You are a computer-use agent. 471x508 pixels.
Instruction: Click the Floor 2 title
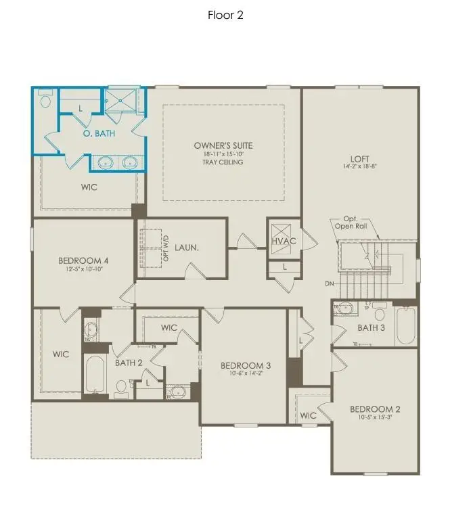tap(225, 15)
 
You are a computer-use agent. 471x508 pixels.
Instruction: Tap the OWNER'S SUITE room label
tap(223, 145)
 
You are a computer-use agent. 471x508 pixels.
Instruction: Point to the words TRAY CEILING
tap(223, 162)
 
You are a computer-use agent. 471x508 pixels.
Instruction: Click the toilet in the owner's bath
tap(45, 101)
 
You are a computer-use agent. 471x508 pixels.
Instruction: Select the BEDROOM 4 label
tap(83, 260)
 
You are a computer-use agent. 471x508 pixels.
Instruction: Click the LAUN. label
tap(185, 248)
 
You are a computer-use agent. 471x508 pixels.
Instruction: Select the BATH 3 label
tap(372, 328)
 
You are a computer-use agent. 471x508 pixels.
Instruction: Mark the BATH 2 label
tap(129, 363)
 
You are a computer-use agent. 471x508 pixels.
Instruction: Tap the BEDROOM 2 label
tap(375, 409)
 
